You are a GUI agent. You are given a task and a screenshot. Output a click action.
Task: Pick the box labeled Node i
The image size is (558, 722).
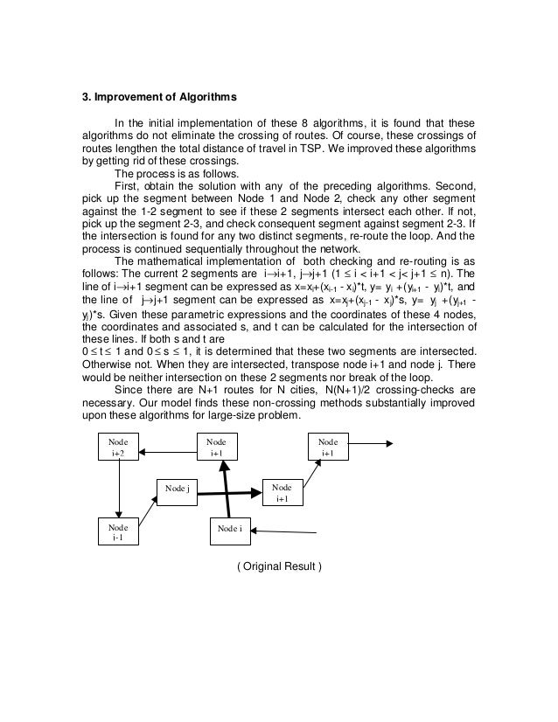tap(229, 529)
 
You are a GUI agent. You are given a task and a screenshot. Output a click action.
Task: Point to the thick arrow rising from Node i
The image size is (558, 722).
tap(227, 485)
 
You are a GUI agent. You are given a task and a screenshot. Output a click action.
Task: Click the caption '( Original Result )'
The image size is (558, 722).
tap(278, 569)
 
